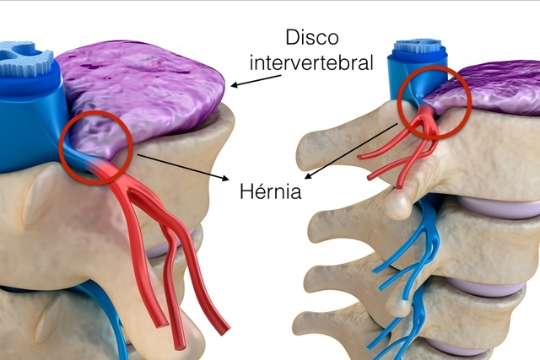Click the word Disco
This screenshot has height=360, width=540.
tap(312, 37)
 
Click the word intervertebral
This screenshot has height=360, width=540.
tap(311, 62)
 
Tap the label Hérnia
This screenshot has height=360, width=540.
tap(270, 191)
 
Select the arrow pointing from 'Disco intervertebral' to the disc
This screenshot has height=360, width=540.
tap(256, 81)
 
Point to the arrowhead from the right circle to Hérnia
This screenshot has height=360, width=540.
tap(308, 176)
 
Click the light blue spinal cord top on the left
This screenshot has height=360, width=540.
tap(24, 58)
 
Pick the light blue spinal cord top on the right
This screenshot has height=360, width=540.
tap(420, 47)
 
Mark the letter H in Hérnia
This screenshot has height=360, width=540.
tap(246, 191)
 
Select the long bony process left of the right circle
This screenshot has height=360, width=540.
tap(348, 137)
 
